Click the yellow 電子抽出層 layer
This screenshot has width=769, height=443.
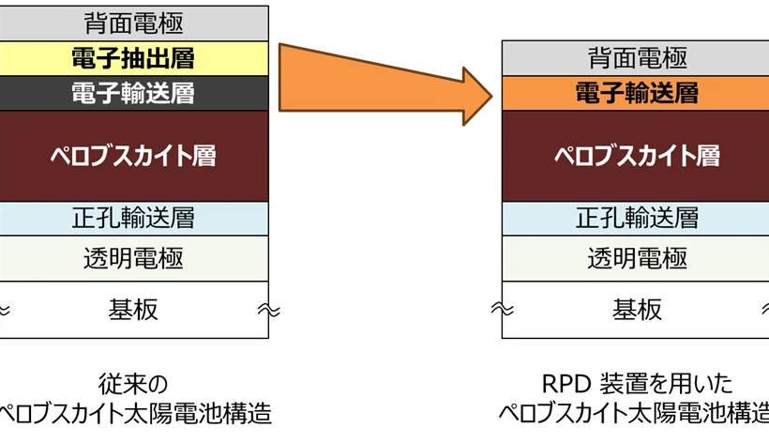point(134,58)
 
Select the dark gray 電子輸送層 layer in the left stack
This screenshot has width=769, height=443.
point(134,93)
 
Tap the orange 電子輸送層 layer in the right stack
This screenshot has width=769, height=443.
point(636,93)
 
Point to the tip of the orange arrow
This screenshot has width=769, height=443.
point(492,96)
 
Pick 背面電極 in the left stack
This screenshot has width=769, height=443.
point(134,23)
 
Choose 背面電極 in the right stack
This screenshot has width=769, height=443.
point(636,58)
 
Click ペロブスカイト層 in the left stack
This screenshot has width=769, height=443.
point(134,156)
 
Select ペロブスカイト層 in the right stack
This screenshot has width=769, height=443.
point(636,156)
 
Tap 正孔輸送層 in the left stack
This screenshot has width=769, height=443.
point(134,219)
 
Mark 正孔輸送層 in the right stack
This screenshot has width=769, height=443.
point(636,219)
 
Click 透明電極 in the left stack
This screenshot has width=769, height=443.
point(134,258)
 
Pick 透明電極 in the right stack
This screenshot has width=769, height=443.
point(636,258)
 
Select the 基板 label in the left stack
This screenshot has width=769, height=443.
point(133,310)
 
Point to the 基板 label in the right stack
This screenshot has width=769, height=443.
point(637,310)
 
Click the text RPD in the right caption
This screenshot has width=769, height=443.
point(566,384)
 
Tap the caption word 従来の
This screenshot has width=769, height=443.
point(133,384)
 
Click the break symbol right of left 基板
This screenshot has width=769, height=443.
point(269,310)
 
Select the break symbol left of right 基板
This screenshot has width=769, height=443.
point(503,309)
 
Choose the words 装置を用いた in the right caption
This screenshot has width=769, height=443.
point(667,384)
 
